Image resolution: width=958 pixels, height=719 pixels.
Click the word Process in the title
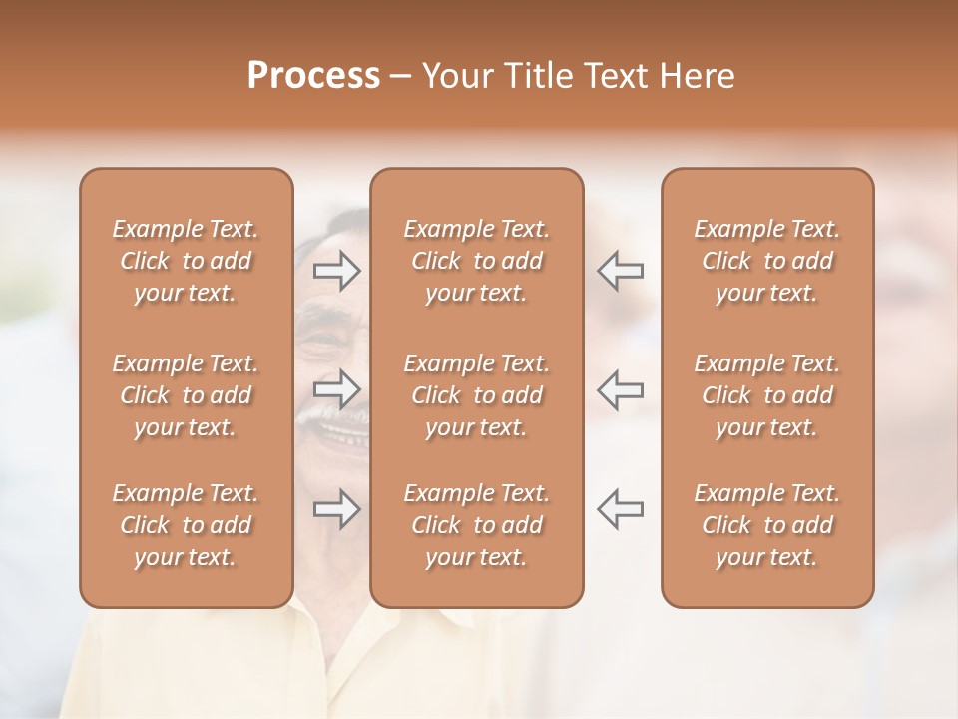pos(313,76)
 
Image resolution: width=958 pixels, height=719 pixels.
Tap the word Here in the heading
pos(696,76)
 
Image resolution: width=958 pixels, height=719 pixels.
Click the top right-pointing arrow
pos(337,271)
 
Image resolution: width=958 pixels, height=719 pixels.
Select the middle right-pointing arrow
pos(337,389)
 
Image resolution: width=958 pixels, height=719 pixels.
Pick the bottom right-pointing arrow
pos(337,508)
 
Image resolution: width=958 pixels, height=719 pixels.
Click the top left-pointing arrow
pos(621,271)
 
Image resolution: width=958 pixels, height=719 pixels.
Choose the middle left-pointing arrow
pos(621,389)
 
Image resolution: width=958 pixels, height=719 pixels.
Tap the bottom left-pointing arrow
pos(621,508)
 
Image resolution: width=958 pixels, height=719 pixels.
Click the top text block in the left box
pos(186,261)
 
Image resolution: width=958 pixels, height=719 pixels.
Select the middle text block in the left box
pos(186,395)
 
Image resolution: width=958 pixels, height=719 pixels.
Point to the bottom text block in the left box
pos(186,525)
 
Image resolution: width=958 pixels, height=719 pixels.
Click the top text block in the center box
pos(477,261)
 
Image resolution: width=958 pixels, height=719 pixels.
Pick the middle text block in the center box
pos(477,395)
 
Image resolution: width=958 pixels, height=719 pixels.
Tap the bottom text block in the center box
pos(477,525)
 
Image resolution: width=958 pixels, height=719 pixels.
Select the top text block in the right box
pos(767,261)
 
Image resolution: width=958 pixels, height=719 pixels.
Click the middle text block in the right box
pos(767,395)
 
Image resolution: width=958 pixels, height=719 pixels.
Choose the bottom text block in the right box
pos(767,525)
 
